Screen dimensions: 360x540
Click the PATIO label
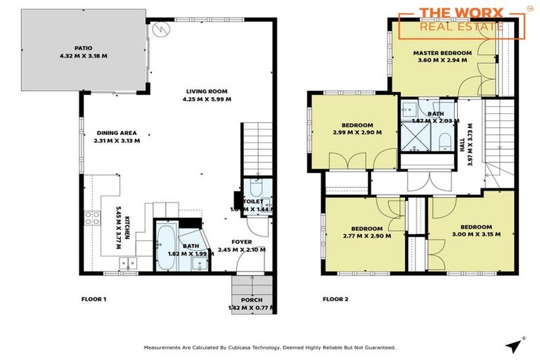[x=84, y=49]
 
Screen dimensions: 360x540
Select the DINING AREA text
[x=117, y=132]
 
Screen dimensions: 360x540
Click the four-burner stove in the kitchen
[x=91, y=217]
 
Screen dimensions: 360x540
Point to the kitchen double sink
[x=128, y=264]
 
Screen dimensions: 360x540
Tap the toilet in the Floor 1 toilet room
[x=255, y=190]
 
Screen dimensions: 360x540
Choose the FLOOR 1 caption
[x=94, y=299]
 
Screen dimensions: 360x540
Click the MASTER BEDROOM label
[x=442, y=53]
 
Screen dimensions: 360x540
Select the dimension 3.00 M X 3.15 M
[x=475, y=235]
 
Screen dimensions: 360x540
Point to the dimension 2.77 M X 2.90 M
[x=367, y=236]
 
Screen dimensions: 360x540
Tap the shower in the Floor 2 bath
[x=411, y=131]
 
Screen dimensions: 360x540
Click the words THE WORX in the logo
[x=461, y=13]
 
